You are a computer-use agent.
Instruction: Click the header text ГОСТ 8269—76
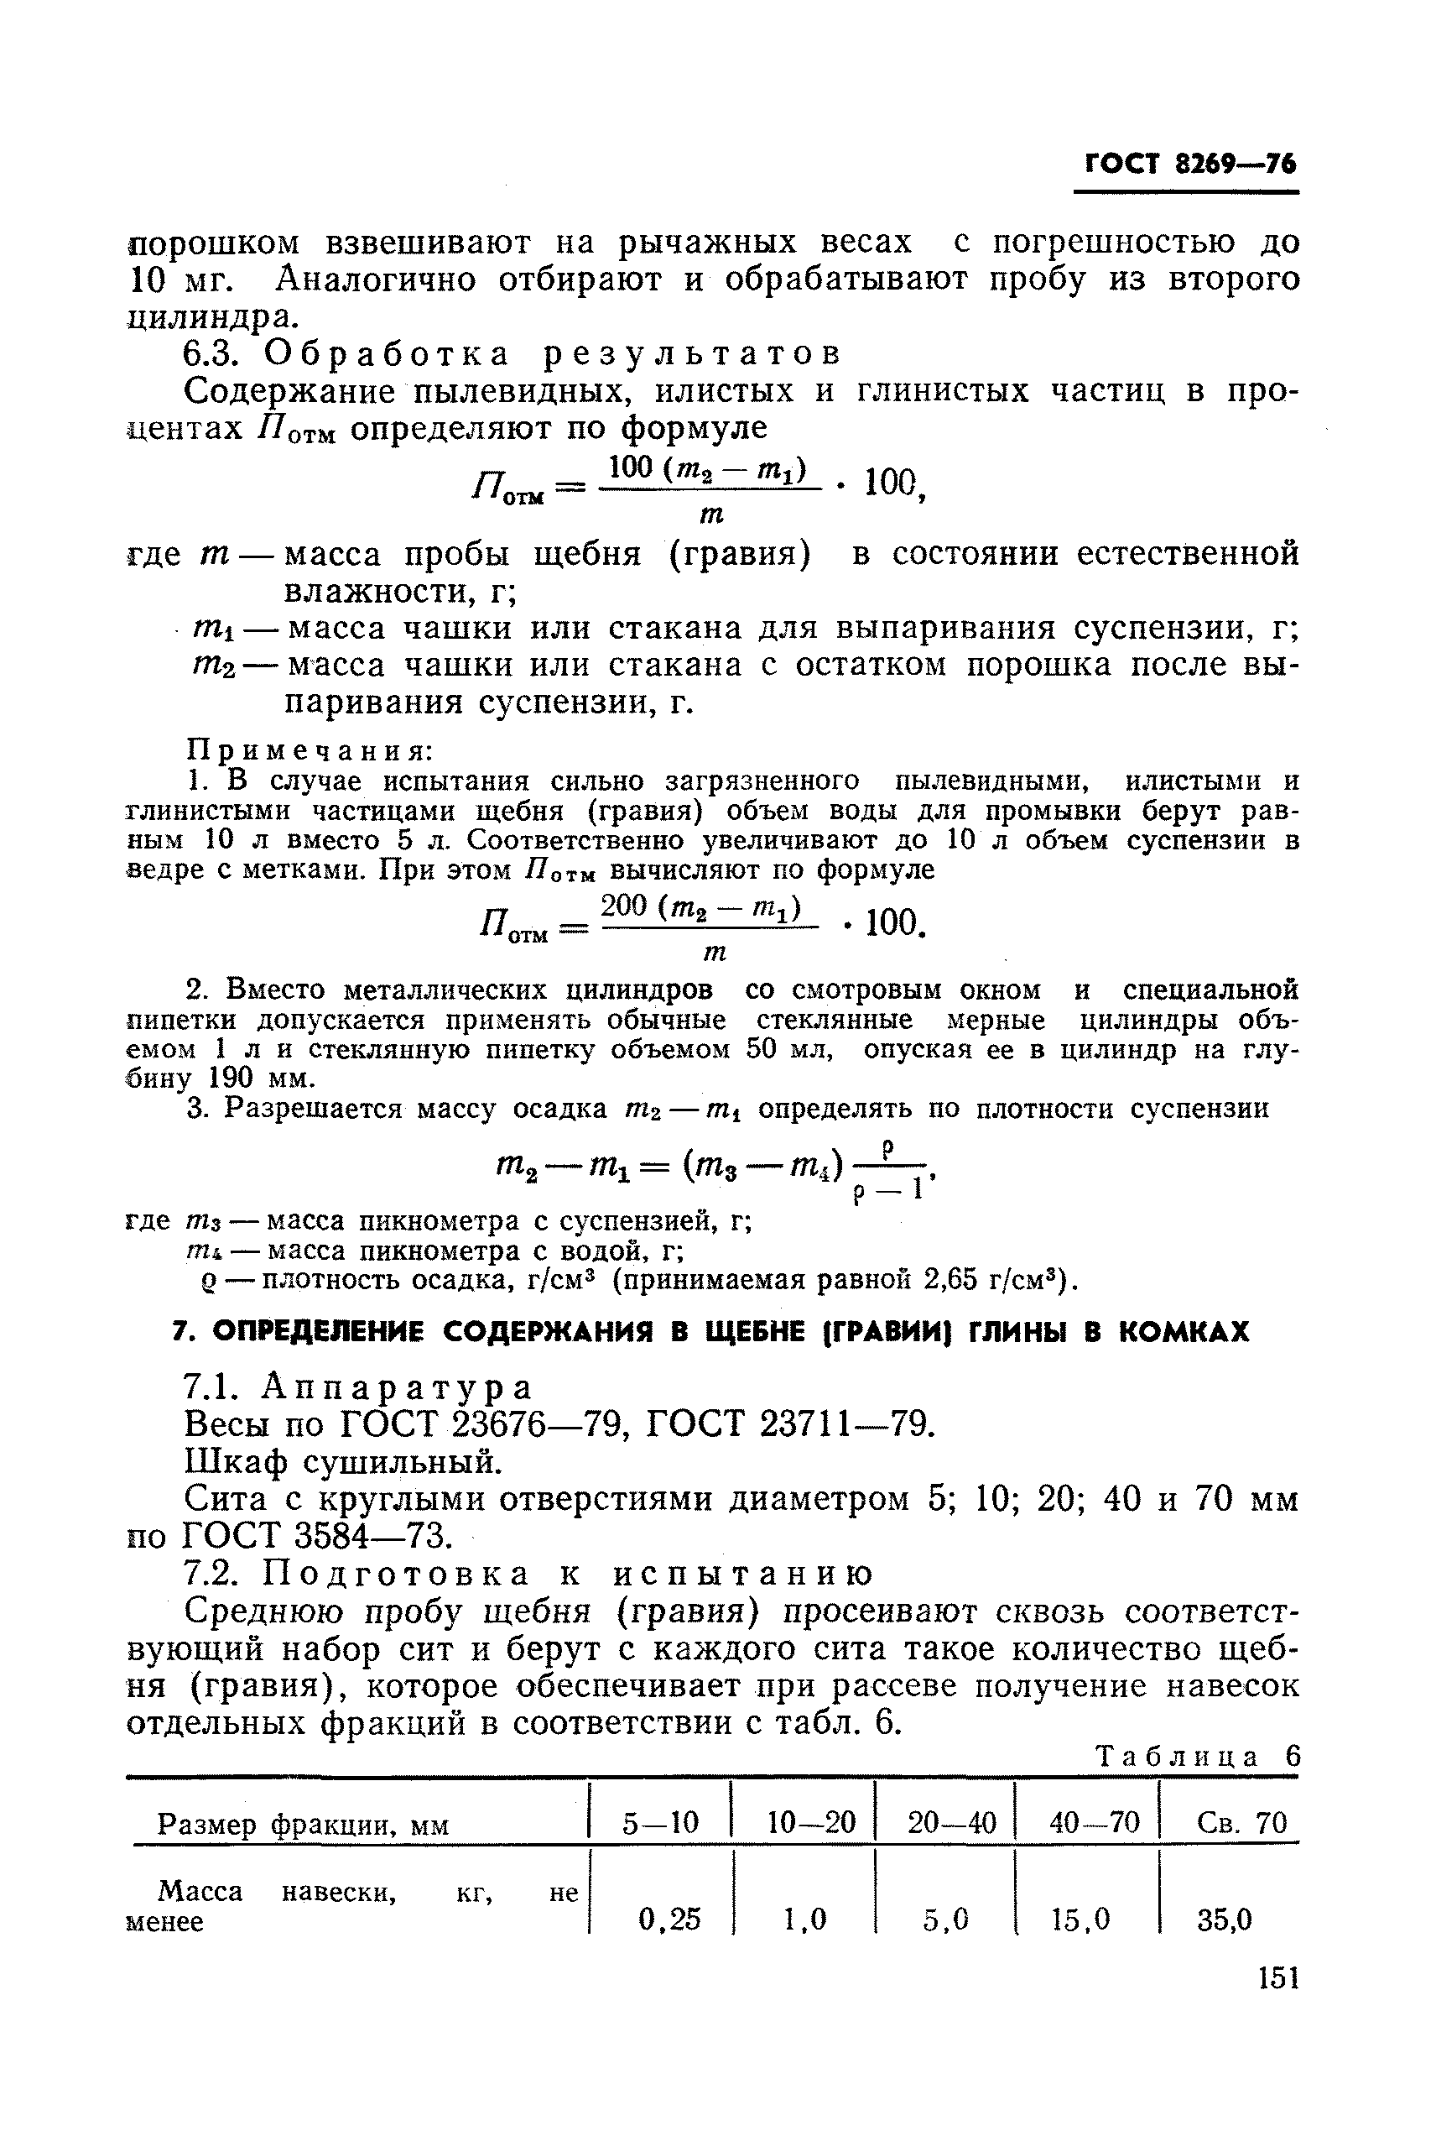point(1189,165)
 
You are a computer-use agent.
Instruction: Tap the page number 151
point(1278,1978)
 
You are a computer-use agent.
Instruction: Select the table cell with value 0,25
point(669,1919)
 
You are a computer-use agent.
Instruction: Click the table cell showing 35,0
point(1225,1919)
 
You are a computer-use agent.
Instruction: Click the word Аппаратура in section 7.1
point(397,1388)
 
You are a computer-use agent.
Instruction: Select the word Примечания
point(310,750)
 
